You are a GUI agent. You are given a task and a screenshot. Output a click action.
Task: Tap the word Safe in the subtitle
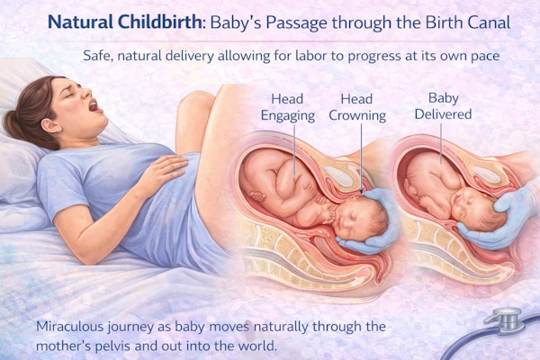(97, 55)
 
